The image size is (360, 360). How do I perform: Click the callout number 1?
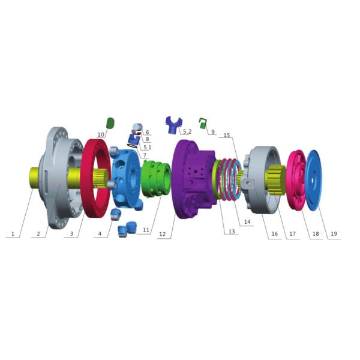[11, 234]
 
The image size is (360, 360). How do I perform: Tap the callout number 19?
[334, 234]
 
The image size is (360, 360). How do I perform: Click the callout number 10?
[101, 134]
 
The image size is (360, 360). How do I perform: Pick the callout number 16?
[274, 234]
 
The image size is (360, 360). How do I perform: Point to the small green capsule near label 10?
[110, 122]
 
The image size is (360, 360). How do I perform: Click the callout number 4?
[100, 234]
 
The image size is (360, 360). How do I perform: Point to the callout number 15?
[227, 136]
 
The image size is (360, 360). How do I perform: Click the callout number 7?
[144, 155]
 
